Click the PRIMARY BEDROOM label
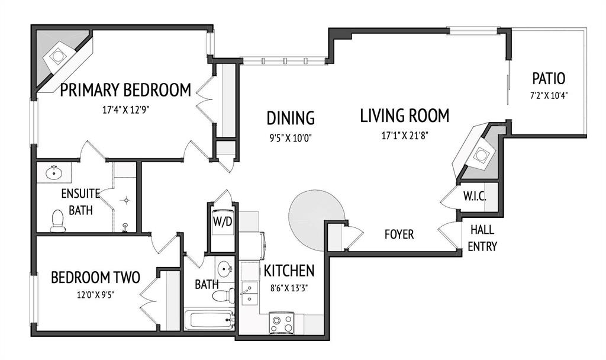[x=125, y=90]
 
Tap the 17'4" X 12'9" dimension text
[x=126, y=110]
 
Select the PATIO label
[x=549, y=79]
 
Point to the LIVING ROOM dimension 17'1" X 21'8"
[x=405, y=136]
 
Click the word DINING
[x=291, y=118]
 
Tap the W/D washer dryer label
[x=223, y=223]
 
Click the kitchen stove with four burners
[x=282, y=323]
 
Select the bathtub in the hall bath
[x=209, y=319]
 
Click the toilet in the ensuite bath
[x=58, y=221]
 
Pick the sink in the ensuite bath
[x=54, y=172]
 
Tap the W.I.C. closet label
[x=475, y=196]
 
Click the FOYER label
[x=399, y=234]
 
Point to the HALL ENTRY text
[x=482, y=238]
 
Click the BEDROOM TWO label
[x=95, y=277]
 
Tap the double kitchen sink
[x=249, y=294]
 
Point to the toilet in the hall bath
[x=223, y=296]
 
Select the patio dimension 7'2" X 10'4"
[x=549, y=95]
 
